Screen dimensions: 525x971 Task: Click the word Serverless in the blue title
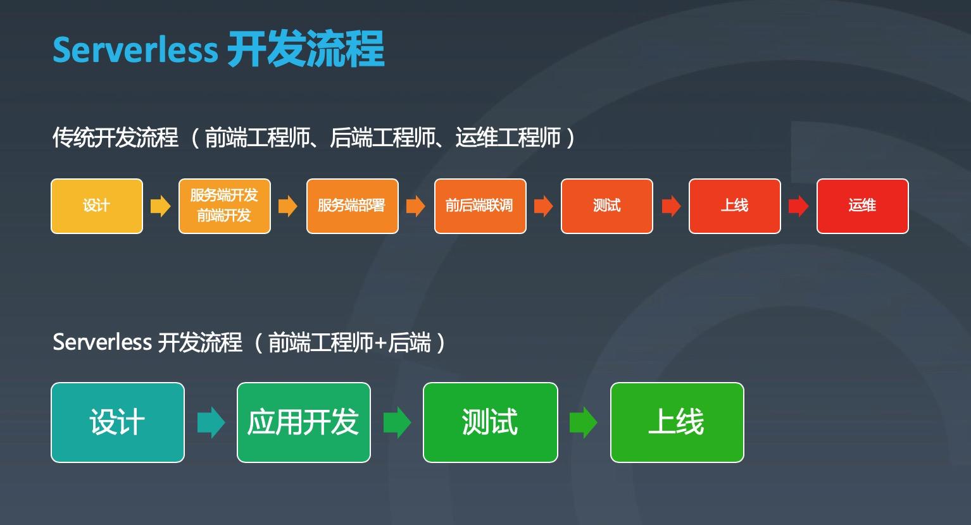[x=135, y=49]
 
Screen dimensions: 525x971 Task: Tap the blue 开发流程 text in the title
[x=305, y=49]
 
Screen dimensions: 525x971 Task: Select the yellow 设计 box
[x=97, y=206]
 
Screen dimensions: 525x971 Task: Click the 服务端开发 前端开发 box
[x=225, y=206]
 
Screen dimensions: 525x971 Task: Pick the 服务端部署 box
[x=353, y=206]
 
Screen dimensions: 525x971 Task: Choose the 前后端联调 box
[x=480, y=206]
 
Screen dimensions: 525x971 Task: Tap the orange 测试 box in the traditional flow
[x=606, y=206]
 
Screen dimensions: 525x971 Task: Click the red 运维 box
[x=862, y=206]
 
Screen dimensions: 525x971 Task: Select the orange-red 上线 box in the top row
[x=734, y=206]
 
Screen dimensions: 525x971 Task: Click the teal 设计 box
[x=118, y=423]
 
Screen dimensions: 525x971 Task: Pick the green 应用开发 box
[x=303, y=423]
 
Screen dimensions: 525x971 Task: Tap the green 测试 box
[x=490, y=423]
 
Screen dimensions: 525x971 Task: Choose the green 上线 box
[x=677, y=423]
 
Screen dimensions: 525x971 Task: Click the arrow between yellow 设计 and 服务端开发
[x=160, y=206]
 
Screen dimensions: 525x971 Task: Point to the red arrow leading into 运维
[x=798, y=206]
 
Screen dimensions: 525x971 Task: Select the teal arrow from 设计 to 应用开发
[x=211, y=423]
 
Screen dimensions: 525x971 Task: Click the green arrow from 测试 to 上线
[x=583, y=423]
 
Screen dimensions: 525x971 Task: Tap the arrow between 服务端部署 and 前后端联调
[x=415, y=206]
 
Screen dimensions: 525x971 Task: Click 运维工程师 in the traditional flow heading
[x=508, y=137]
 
